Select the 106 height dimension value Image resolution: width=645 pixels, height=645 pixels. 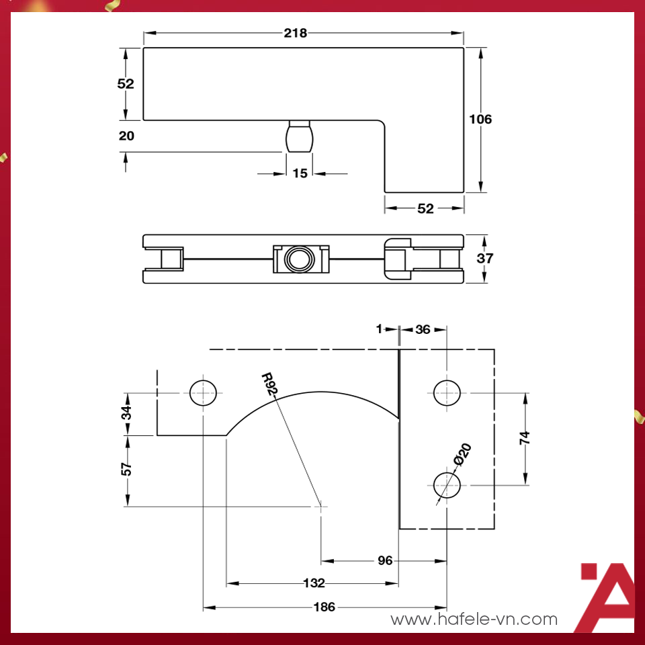coord(480,120)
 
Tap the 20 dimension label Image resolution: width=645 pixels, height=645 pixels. coord(126,136)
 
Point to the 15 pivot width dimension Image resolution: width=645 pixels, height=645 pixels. coord(300,173)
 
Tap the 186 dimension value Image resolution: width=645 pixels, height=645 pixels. coord(324,607)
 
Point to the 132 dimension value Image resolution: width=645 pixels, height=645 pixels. coord(314,583)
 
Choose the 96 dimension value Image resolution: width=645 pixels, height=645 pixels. coord(384,560)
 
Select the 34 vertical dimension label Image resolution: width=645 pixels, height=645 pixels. coord(126,413)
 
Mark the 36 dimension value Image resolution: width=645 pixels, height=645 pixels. coord(423,329)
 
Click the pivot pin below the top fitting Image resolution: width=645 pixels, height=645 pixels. coord(300,136)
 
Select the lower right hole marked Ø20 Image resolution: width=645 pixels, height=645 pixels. coord(446,484)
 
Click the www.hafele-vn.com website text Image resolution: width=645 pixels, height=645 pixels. coord(474,619)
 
